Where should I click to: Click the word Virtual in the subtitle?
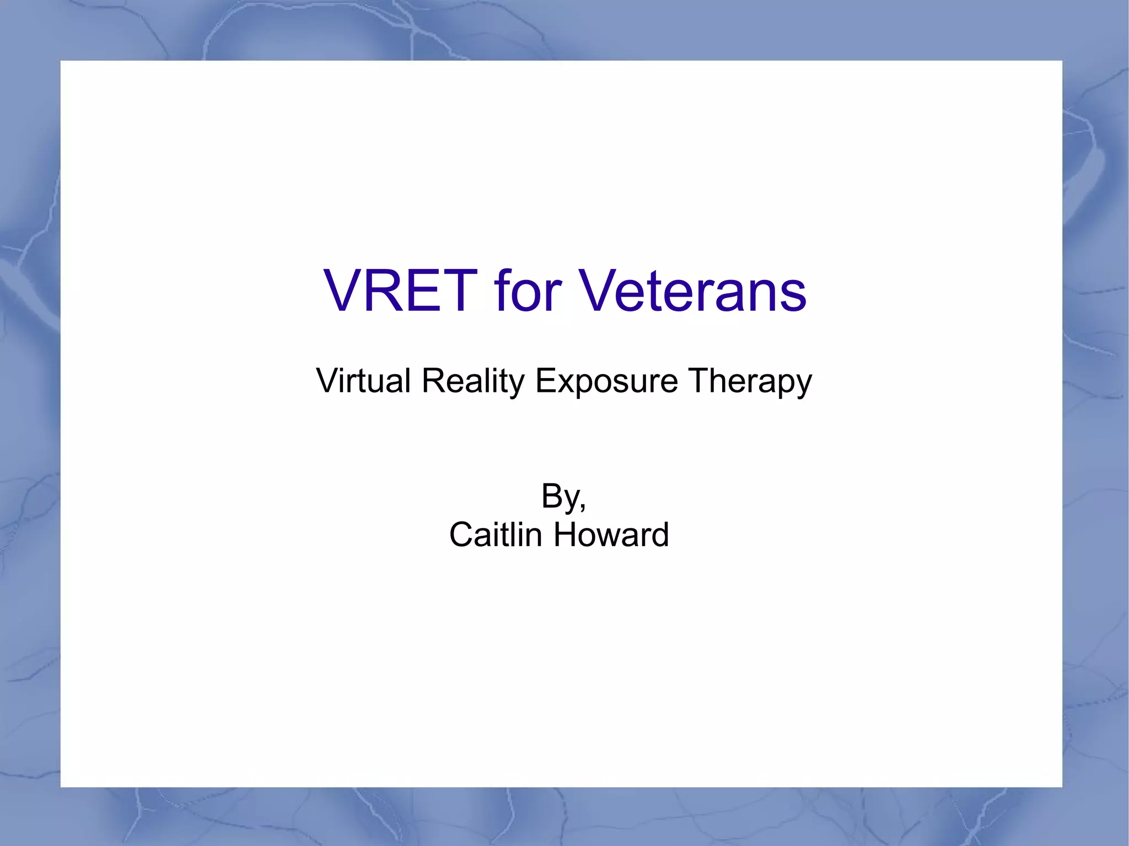pos(363,380)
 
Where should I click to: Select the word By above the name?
pos(560,496)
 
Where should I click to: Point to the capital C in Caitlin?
pos(462,535)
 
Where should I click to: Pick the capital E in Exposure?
pos(545,380)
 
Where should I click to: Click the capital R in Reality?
pos(432,380)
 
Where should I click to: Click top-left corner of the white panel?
pos(61,61)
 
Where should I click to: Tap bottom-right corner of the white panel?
pos(1061,786)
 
